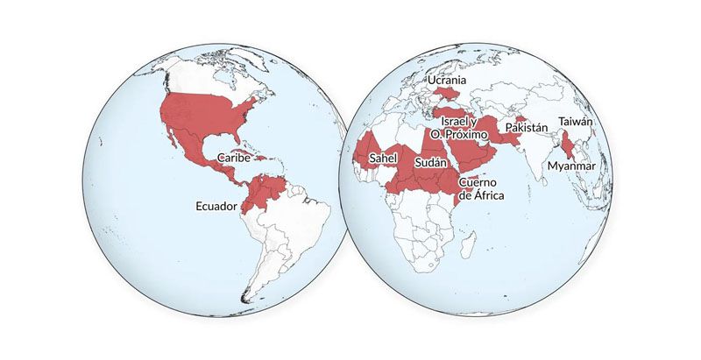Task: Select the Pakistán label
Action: pyautogui.click(x=527, y=128)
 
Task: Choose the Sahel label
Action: pyautogui.click(x=383, y=158)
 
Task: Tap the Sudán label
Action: pyautogui.click(x=431, y=164)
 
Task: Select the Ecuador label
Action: pyautogui.click(x=216, y=208)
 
